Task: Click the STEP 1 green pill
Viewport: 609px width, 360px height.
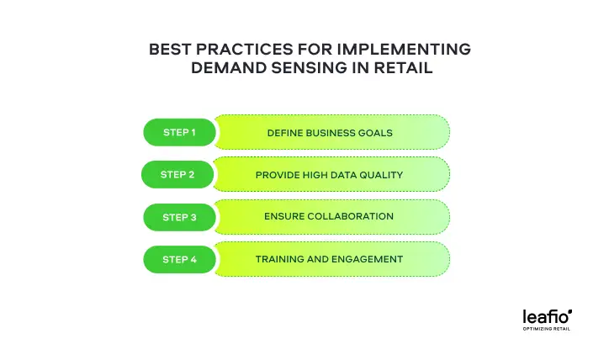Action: click(x=179, y=133)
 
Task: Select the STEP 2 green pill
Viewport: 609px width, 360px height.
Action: click(x=177, y=175)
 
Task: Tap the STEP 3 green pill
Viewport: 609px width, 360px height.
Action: click(x=179, y=217)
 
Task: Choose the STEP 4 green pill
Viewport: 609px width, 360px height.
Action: click(x=179, y=260)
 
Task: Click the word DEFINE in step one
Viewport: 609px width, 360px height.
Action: click(x=284, y=133)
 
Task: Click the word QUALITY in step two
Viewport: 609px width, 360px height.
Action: click(x=384, y=175)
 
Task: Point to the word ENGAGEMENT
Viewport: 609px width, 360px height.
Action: click(x=368, y=259)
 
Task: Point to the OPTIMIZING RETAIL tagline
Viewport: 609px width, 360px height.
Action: click(x=548, y=330)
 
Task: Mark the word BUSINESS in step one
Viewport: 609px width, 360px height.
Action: click(x=331, y=133)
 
